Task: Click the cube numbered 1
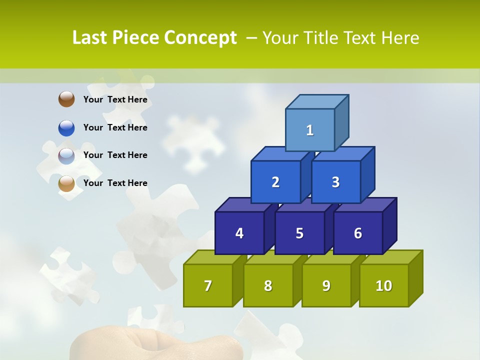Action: click(x=310, y=130)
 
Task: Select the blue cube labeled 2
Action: click(x=275, y=182)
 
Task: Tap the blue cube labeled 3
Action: click(x=335, y=182)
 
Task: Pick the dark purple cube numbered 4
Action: click(x=239, y=233)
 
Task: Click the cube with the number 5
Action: click(x=299, y=233)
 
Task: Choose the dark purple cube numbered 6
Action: click(x=358, y=233)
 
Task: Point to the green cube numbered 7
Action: click(x=208, y=285)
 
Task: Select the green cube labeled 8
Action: click(x=268, y=285)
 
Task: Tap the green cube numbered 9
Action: click(x=326, y=285)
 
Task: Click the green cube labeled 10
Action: click(x=384, y=285)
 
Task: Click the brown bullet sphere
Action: click(x=66, y=99)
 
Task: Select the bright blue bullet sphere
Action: click(x=66, y=127)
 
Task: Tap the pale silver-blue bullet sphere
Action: click(x=66, y=155)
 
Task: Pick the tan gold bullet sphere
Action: click(x=66, y=183)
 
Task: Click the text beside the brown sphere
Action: click(x=115, y=99)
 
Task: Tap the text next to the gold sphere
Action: click(x=115, y=183)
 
